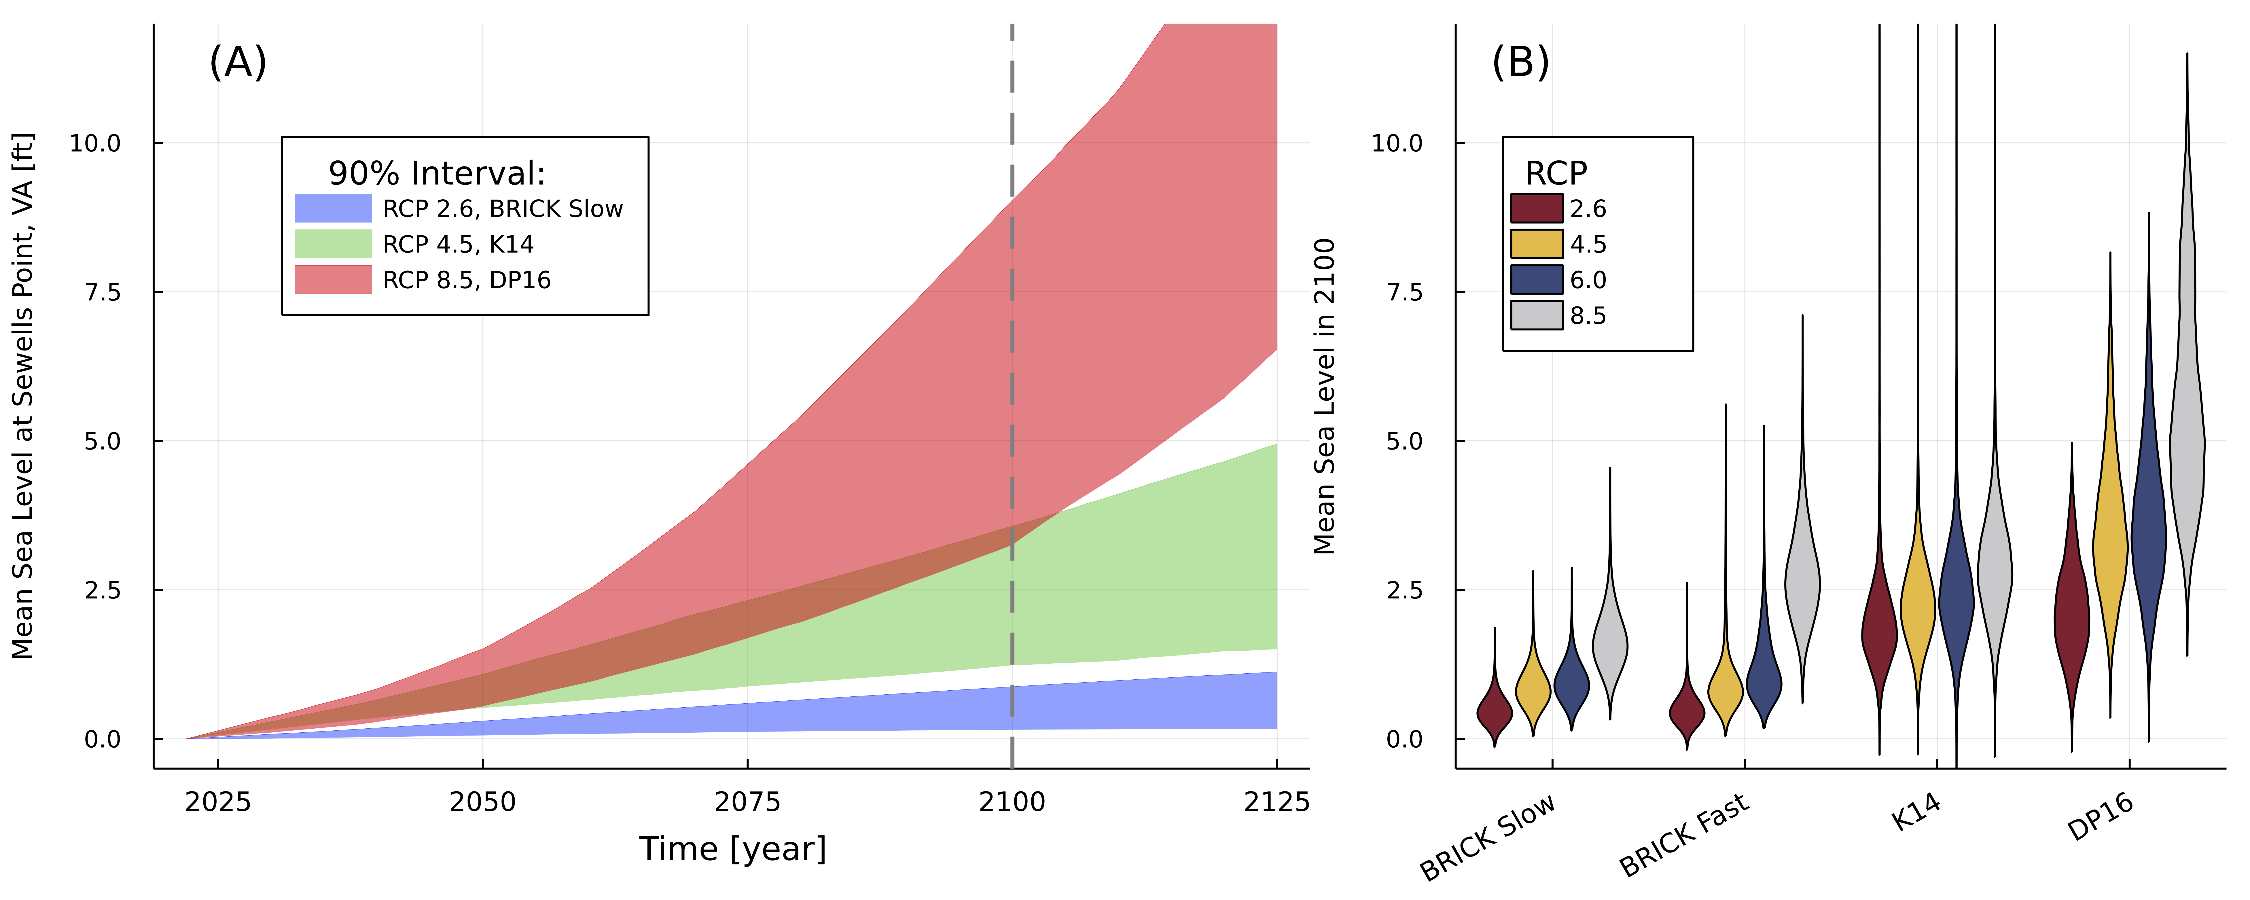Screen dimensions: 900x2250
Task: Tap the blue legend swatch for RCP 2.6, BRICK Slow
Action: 333,208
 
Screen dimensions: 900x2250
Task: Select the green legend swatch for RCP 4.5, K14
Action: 333,244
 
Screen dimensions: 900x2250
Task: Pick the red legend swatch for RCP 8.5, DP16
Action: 333,280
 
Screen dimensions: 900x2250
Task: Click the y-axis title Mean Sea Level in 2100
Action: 1325,396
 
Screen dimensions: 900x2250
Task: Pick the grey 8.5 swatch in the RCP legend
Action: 1536,315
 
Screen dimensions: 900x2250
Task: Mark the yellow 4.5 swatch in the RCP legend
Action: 1536,244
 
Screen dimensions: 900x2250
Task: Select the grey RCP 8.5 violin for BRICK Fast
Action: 1802,586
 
